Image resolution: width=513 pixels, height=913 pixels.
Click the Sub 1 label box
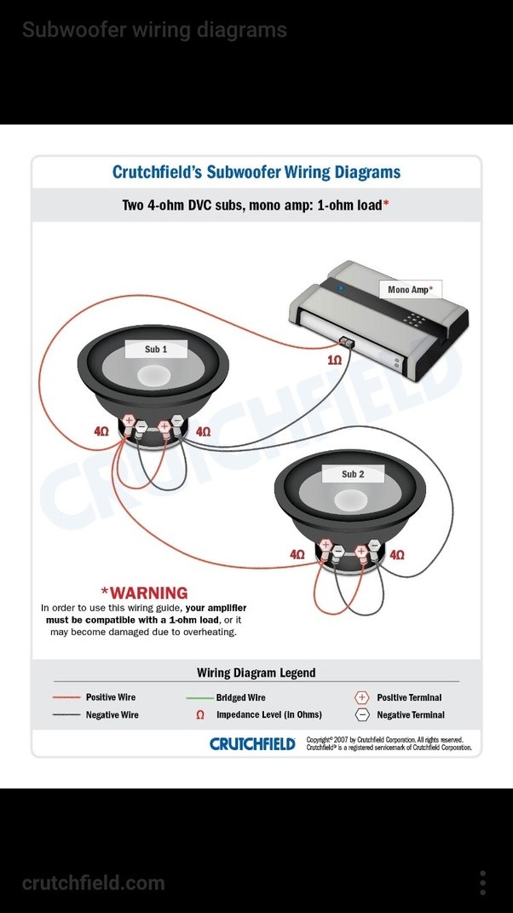(156, 350)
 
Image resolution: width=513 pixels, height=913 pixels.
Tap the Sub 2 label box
(353, 474)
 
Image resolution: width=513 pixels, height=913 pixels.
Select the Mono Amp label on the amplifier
(409, 290)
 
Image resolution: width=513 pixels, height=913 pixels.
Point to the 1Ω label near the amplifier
(334, 361)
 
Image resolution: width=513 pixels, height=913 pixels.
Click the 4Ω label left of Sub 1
(101, 432)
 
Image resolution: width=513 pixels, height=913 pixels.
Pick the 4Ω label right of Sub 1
(203, 432)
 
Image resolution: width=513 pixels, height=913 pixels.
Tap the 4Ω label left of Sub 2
(297, 554)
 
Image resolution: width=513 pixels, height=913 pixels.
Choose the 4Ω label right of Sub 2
(397, 554)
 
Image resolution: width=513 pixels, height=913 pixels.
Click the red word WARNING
(144, 592)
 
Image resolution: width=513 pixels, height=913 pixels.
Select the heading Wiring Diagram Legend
(256, 673)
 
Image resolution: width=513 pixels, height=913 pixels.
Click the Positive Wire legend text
(111, 697)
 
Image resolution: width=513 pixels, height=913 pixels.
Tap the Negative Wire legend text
(112, 715)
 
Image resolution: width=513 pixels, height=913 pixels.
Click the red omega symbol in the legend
(200, 715)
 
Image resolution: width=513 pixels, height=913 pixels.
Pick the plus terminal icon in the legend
(361, 697)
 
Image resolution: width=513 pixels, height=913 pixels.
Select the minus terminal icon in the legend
(361, 715)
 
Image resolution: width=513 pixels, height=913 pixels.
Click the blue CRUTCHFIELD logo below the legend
(252, 743)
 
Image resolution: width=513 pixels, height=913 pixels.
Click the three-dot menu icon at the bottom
(482, 882)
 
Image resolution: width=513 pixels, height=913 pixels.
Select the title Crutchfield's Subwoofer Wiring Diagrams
(256, 172)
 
